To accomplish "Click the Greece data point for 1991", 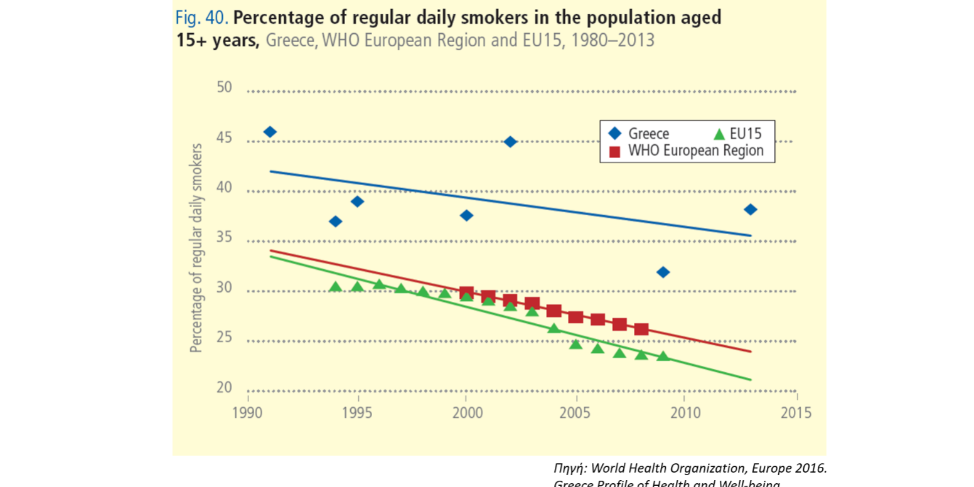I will [270, 132].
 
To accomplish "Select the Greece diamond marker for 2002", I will [510, 142].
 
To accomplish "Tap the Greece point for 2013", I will [750, 210].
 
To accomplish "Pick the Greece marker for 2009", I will [663, 272].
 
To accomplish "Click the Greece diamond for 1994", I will [335, 222].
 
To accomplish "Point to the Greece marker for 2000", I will [466, 215].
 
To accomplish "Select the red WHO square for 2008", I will [641, 329].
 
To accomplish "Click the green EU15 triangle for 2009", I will [663, 356].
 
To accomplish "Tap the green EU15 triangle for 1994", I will [335, 287].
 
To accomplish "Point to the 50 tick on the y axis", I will [224, 88].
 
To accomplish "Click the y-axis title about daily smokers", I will [196, 248].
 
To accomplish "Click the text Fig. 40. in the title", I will [203, 18].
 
